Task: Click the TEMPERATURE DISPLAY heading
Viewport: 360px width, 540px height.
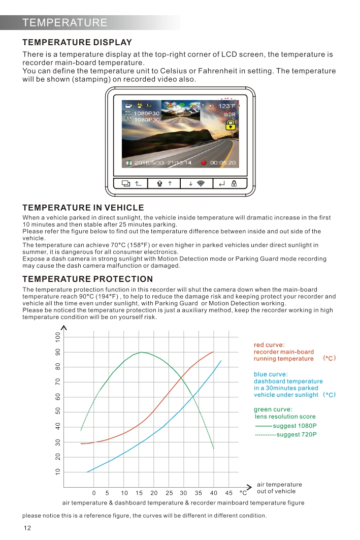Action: (77, 43)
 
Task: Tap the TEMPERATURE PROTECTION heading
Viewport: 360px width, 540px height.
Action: (87, 279)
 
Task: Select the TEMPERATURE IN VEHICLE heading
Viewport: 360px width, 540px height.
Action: (83, 208)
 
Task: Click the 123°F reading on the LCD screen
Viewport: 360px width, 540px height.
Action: (227, 106)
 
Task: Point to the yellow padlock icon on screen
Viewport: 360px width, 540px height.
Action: (231, 125)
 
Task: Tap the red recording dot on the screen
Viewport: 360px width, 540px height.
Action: (203, 163)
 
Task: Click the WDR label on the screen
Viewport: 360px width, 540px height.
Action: (230, 115)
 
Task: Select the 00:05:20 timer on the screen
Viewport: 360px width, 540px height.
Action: (223, 163)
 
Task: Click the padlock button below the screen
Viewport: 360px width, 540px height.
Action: (234, 183)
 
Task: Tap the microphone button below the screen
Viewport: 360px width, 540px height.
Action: (159, 183)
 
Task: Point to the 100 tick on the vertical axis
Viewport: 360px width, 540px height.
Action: (58, 336)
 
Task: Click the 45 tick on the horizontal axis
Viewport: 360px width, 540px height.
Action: (228, 493)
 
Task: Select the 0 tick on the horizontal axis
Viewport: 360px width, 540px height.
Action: (94, 493)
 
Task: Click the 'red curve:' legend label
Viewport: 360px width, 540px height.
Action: (269, 345)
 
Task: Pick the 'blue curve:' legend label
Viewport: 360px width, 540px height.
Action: (271, 374)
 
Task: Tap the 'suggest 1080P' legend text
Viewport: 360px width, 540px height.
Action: (294, 426)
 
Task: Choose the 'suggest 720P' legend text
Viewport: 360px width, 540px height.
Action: (297, 435)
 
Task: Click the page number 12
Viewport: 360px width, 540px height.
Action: (27, 528)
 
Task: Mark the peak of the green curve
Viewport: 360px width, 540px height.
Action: (142, 352)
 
